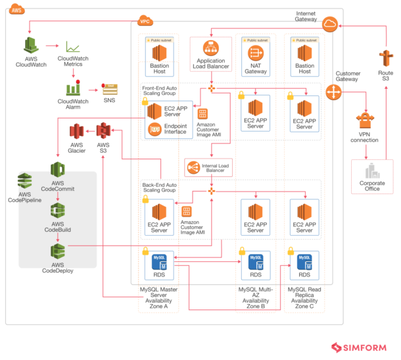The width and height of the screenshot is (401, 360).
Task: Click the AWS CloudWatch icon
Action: (30, 45)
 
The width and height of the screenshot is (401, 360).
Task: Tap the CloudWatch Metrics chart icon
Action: (73, 48)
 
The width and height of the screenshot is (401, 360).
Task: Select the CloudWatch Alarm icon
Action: (74, 88)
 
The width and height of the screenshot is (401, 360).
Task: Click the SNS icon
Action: (109, 88)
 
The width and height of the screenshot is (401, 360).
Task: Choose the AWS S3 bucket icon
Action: (103, 131)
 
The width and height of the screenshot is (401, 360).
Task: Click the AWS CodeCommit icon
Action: (58, 170)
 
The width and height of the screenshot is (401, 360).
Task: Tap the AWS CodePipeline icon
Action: (24, 180)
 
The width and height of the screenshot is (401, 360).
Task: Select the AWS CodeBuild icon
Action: (58, 211)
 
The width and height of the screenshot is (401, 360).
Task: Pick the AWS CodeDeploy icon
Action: (58, 251)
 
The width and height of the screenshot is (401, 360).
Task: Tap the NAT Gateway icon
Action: (256, 52)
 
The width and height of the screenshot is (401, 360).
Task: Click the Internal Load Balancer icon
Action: (193, 168)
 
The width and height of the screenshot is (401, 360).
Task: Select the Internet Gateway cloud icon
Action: (329, 24)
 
